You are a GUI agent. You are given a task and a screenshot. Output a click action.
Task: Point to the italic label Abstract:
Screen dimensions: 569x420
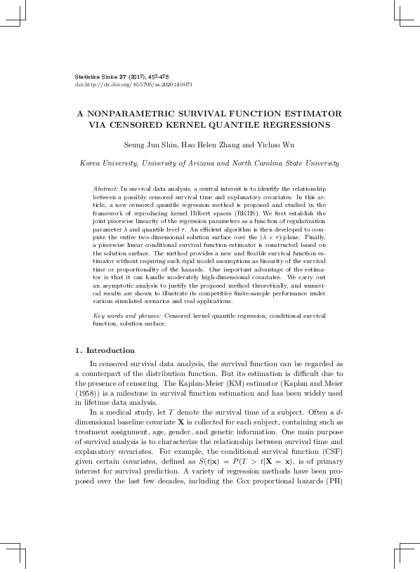(105, 189)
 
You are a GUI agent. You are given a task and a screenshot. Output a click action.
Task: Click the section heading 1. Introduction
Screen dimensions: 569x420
(105, 350)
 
